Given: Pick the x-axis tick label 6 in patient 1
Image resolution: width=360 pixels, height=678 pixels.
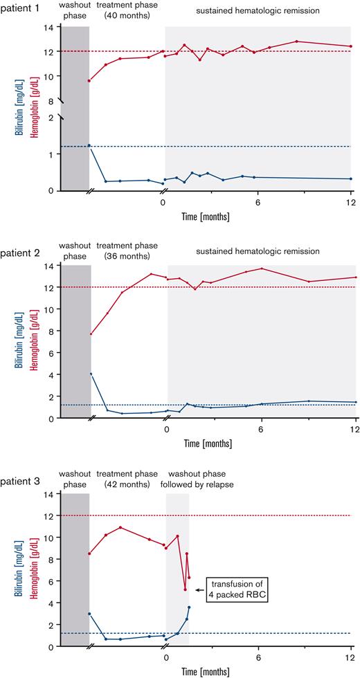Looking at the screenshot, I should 258,203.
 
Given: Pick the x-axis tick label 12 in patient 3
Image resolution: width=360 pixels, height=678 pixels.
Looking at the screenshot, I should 353,657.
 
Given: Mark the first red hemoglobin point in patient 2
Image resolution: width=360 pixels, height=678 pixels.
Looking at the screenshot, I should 91,334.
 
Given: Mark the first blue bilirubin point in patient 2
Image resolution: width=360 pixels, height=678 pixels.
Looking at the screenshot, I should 91,374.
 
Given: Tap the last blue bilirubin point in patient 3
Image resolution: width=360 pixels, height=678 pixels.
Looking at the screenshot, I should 188,607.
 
